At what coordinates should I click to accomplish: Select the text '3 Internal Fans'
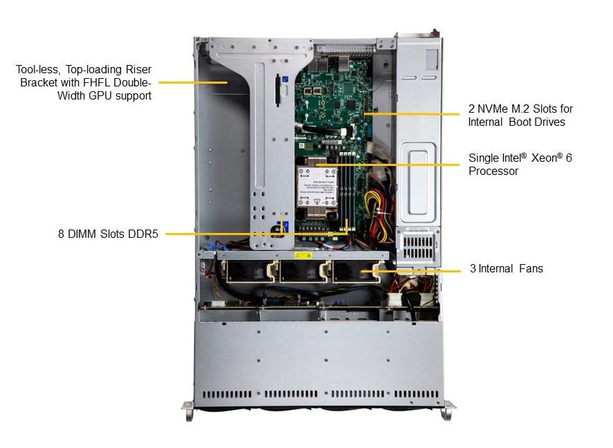click(506, 268)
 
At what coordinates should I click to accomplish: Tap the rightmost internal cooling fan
click(353, 272)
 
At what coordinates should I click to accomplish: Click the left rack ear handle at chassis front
click(188, 410)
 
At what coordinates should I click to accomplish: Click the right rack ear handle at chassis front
click(449, 410)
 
